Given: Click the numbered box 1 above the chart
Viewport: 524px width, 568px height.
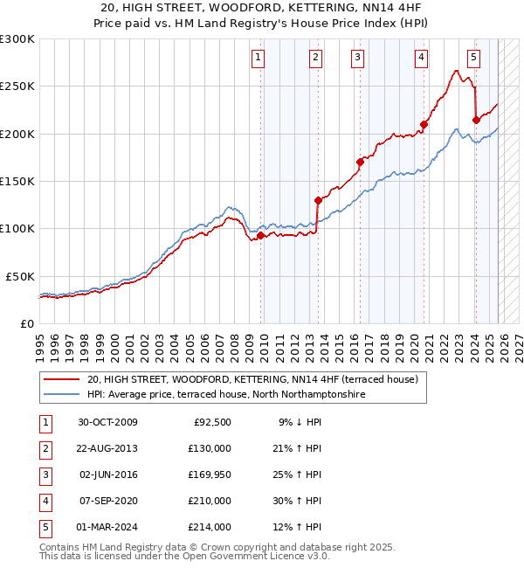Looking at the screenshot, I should tap(259, 59).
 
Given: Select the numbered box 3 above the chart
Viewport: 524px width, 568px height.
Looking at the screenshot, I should tap(358, 59).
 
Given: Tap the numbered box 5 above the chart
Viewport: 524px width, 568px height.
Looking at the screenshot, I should tap(473, 59).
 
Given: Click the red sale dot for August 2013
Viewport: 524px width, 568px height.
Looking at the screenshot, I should tap(318, 200).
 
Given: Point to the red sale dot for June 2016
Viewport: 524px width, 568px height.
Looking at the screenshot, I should tap(360, 162).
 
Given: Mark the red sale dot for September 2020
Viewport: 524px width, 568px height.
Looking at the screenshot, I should tap(424, 124).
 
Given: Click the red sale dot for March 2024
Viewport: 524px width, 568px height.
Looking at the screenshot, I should tap(476, 121).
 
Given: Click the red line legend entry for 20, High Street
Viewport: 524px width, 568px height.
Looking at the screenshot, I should tap(253, 379).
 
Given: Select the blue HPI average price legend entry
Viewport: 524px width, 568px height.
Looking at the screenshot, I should tap(224, 395).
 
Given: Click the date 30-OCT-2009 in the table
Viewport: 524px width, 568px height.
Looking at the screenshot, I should tap(107, 423).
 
